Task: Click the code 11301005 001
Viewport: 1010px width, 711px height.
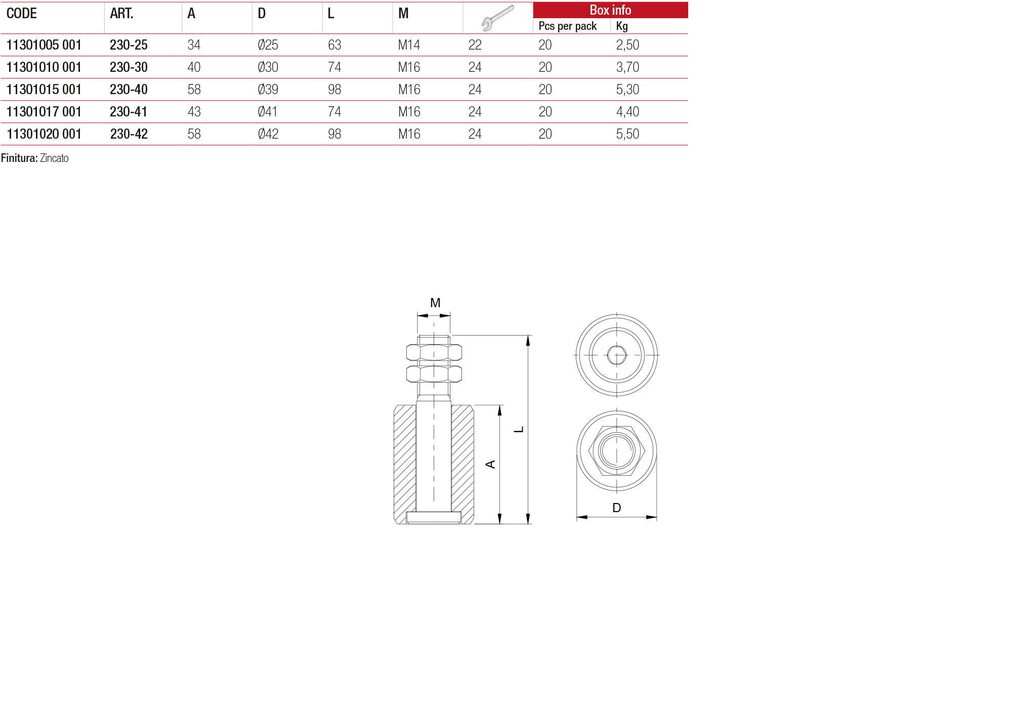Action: (x=44, y=45)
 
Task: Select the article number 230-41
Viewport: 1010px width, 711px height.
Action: (x=129, y=112)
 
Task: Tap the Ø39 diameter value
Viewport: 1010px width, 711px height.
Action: (x=268, y=90)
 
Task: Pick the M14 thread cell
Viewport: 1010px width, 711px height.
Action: (x=409, y=45)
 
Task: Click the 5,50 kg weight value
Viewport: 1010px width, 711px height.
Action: (x=627, y=134)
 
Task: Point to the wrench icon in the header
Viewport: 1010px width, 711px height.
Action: (x=498, y=18)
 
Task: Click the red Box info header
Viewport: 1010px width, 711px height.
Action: (x=610, y=10)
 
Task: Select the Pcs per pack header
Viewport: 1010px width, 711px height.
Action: (x=567, y=26)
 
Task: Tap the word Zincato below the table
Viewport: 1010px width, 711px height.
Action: (x=54, y=158)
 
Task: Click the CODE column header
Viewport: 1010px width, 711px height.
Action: (x=22, y=14)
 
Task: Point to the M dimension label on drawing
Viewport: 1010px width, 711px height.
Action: (x=435, y=303)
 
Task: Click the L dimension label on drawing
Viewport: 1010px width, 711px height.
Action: (x=519, y=430)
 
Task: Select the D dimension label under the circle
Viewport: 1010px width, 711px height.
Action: (x=616, y=508)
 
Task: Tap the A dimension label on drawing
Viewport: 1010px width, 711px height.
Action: (x=490, y=464)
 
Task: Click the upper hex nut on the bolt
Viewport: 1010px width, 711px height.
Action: (x=434, y=353)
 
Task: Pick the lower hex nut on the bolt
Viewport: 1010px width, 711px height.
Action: (x=434, y=374)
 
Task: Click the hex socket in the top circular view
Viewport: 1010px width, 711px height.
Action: (x=616, y=355)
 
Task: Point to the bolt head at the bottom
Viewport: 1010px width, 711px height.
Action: (x=434, y=518)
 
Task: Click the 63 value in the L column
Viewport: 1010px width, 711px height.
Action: (x=334, y=45)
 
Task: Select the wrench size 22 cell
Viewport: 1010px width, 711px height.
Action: (x=475, y=45)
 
